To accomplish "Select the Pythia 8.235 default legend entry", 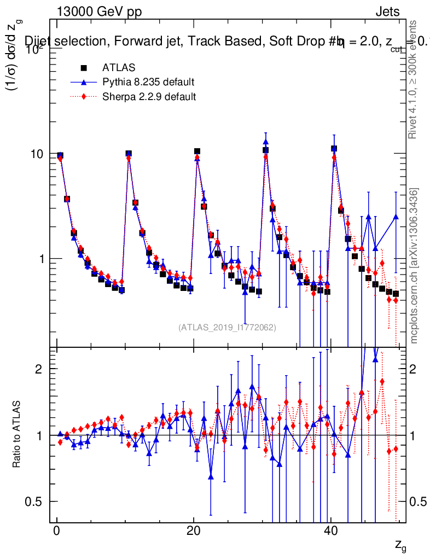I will [148, 83].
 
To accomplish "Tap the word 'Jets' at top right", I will [387, 11].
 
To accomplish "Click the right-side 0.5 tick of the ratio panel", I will [417, 501].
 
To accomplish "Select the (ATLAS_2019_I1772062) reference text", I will [227, 328].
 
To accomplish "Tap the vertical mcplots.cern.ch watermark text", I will [415, 266].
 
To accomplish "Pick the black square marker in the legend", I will [84, 68].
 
